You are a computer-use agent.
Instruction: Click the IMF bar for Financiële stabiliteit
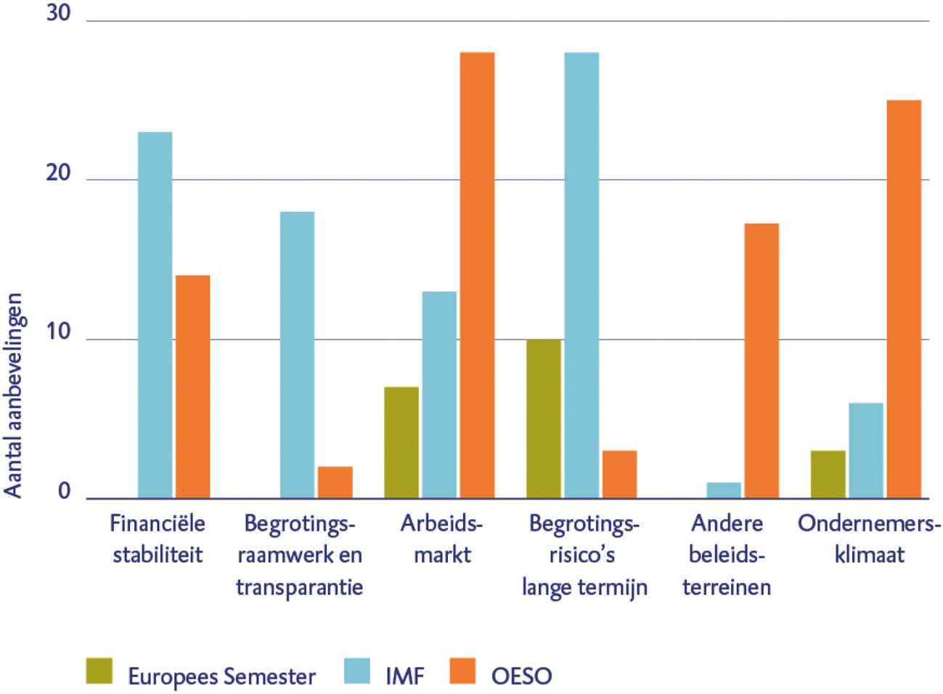155,315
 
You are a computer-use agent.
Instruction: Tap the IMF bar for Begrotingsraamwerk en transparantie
297,355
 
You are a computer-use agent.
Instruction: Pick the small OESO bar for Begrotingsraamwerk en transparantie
335,482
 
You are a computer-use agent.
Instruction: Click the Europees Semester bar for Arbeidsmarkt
401,442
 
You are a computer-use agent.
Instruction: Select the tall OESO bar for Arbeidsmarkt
477,276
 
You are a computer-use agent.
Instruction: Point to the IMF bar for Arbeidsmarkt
439,395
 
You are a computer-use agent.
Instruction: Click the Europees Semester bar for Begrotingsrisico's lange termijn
544,418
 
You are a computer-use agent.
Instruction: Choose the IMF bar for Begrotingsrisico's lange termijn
581,276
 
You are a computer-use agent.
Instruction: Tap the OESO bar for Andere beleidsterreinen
762,361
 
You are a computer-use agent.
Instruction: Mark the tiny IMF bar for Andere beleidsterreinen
724,491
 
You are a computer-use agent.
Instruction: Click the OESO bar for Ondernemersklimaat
904,300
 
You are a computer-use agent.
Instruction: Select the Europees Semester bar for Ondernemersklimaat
828,474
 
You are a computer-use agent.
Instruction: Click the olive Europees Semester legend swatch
99,671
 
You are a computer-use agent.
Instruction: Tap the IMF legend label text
404,676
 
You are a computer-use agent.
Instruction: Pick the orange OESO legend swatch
462,671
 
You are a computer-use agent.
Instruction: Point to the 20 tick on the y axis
58,173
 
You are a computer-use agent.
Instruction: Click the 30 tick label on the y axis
58,14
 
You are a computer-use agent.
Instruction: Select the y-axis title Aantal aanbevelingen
13,395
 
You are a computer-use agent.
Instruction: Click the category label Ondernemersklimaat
869,539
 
